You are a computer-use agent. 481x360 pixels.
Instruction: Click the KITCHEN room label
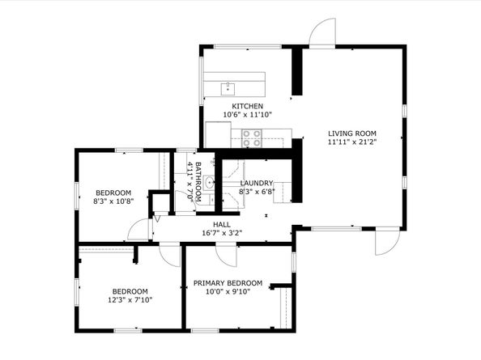247,106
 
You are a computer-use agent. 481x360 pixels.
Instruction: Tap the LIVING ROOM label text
352,133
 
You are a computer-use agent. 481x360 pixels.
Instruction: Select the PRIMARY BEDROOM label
228,283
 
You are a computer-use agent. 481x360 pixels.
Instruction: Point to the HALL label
222,225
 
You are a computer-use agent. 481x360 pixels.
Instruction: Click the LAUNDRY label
257,183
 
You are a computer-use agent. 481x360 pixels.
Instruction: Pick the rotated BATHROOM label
198,182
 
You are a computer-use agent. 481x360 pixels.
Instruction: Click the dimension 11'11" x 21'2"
352,142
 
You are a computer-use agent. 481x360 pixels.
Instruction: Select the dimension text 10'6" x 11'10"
248,115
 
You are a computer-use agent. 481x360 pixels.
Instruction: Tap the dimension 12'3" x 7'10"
130,300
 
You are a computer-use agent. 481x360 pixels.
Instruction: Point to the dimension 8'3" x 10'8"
113,201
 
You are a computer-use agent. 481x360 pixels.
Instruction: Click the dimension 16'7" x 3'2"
222,233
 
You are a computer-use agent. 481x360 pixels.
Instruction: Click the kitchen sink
228,89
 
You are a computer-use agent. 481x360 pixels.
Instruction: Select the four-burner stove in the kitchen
252,138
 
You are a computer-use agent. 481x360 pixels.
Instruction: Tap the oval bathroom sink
210,183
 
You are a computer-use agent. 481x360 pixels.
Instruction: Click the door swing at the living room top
322,32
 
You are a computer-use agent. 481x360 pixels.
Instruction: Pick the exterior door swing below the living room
388,241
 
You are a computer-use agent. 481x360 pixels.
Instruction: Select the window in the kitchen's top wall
248,47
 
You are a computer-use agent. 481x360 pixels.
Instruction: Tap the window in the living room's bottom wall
337,229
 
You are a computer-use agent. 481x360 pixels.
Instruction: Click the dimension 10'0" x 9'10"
228,292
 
